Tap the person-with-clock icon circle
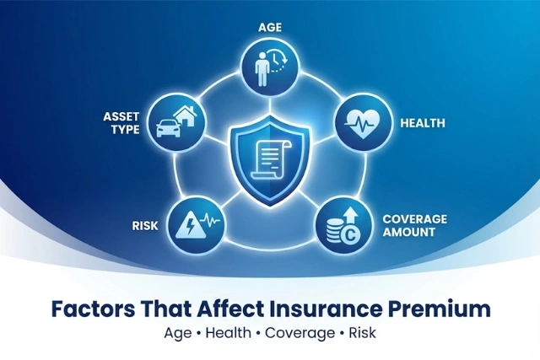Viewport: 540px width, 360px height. pos(269,67)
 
